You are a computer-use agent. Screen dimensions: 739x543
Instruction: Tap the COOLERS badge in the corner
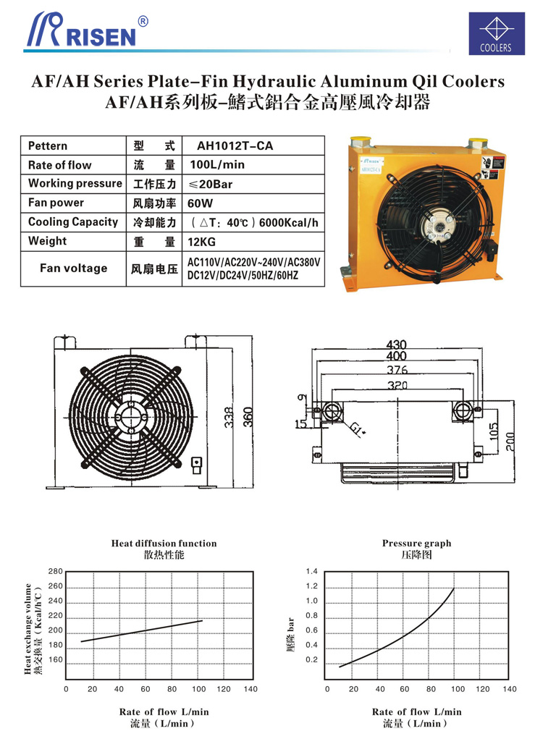pos(495,33)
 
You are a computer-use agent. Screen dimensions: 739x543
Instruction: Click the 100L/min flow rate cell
pos(216,165)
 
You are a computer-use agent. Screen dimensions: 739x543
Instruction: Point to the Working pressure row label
pos(75,184)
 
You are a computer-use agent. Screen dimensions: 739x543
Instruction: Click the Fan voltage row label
pos(73,269)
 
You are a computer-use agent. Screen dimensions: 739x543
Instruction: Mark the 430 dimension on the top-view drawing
pos(396,345)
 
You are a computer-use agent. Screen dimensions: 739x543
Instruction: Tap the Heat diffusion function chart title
pos(164,544)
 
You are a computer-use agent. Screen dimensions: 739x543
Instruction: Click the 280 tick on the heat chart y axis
pos(56,572)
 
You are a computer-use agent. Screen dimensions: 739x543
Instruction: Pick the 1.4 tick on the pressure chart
pos(312,572)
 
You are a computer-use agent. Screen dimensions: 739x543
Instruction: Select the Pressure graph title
pos(416,544)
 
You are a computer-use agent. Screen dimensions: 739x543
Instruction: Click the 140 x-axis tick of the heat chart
pos(251,689)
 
